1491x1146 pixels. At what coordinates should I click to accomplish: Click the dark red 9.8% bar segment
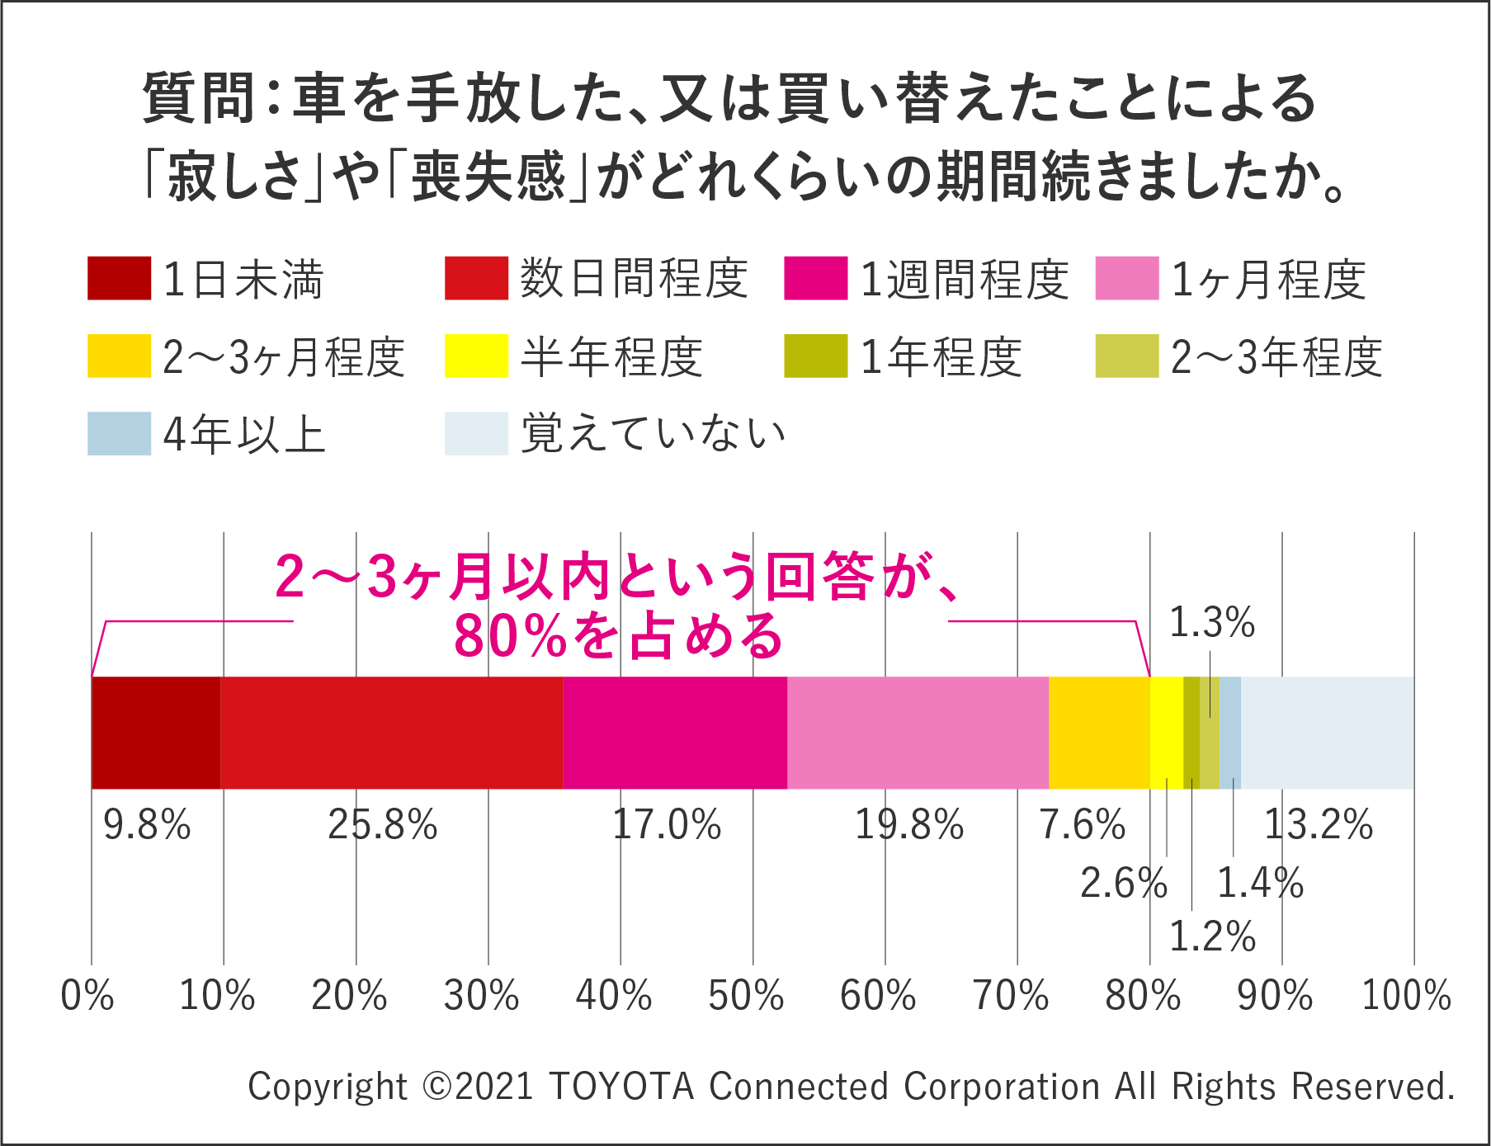point(156,733)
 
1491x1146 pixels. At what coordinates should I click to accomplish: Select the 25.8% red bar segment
point(392,733)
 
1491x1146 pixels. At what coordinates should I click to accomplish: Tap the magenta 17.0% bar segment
point(675,733)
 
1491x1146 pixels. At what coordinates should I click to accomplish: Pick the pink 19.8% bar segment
point(918,733)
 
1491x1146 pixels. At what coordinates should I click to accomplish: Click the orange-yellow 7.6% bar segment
point(1099,733)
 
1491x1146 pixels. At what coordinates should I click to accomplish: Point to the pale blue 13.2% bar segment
point(1327,733)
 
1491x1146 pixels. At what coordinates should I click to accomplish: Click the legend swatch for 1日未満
point(119,278)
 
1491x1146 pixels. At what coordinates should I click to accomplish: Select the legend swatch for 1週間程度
point(815,278)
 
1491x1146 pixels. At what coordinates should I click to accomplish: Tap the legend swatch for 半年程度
point(476,356)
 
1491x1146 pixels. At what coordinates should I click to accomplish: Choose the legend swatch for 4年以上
point(119,434)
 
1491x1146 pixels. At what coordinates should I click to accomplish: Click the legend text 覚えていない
point(653,434)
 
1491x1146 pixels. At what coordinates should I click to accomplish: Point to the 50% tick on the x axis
point(746,995)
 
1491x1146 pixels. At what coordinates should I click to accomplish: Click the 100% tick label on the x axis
point(1406,995)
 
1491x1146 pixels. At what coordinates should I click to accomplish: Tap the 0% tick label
point(87,995)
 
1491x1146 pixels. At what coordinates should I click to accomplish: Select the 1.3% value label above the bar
point(1212,622)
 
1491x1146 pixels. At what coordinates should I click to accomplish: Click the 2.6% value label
point(1124,884)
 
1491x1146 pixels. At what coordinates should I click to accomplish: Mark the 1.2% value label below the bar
point(1212,936)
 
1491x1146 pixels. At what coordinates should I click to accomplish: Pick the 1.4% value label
point(1260,884)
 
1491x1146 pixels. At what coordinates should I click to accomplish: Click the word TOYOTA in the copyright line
point(621,1087)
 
